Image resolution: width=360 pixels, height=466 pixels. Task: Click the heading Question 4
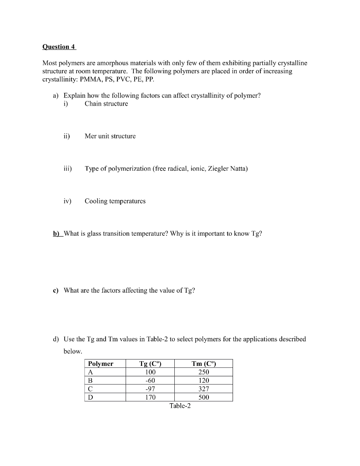59,46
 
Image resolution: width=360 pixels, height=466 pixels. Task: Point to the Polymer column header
101,364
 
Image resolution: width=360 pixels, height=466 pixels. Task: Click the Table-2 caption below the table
180,406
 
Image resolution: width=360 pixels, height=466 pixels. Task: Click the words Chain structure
106,104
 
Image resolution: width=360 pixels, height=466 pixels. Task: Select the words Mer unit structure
110,136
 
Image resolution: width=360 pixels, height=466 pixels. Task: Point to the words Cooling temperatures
115,201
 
